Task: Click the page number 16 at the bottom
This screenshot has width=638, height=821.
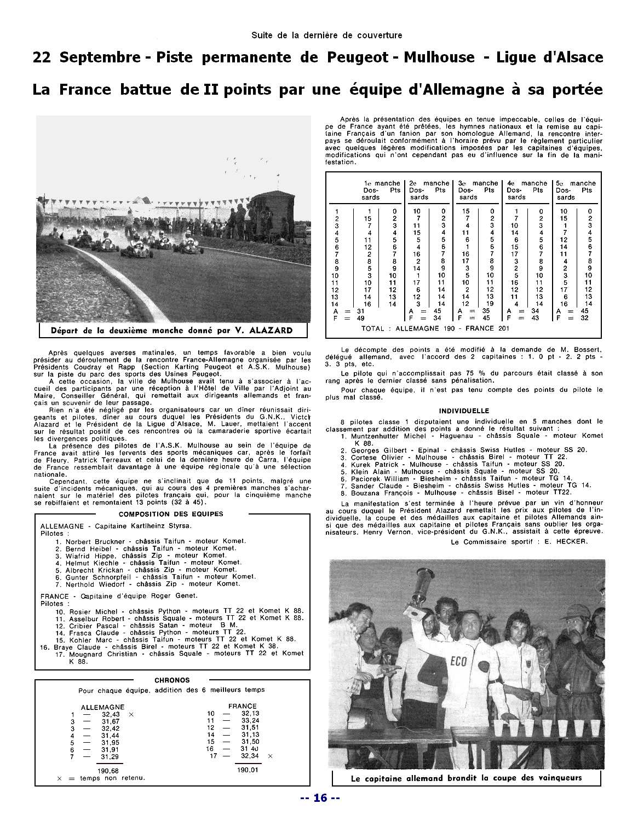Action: [320, 797]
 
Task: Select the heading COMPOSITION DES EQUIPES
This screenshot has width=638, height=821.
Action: [171, 514]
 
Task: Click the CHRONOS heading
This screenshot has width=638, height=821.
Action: [172, 680]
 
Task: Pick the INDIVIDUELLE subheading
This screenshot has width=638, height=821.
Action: [464, 410]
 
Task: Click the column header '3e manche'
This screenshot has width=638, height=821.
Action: [478, 183]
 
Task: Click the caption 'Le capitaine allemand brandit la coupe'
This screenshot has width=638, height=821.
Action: [466, 778]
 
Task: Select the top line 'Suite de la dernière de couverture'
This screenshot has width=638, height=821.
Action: [326, 36]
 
